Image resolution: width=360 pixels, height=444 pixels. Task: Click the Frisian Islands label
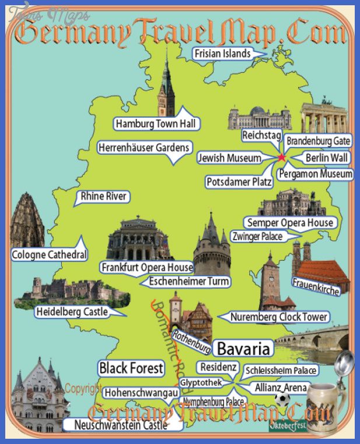[223, 54]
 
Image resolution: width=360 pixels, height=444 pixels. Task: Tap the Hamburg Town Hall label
[156, 124]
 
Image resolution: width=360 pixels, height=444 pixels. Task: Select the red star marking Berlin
[282, 158]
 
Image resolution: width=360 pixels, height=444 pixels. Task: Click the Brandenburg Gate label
[318, 141]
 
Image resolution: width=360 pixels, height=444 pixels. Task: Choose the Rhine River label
[104, 196]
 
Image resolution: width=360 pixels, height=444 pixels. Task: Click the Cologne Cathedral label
[50, 255]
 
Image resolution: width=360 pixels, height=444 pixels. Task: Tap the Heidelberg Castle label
[72, 312]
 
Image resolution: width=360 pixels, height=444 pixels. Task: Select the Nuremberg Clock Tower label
[279, 317]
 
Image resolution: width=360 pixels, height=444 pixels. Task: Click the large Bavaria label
[244, 349]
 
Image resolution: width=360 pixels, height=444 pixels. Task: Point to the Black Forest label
[131, 368]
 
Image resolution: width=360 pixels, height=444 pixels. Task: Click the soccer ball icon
[282, 400]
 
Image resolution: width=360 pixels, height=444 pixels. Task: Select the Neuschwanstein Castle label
[121, 425]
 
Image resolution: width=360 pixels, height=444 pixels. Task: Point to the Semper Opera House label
[290, 223]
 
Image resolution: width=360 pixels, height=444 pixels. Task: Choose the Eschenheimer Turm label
[188, 281]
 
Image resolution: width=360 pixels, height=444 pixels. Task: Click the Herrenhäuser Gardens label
[144, 148]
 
